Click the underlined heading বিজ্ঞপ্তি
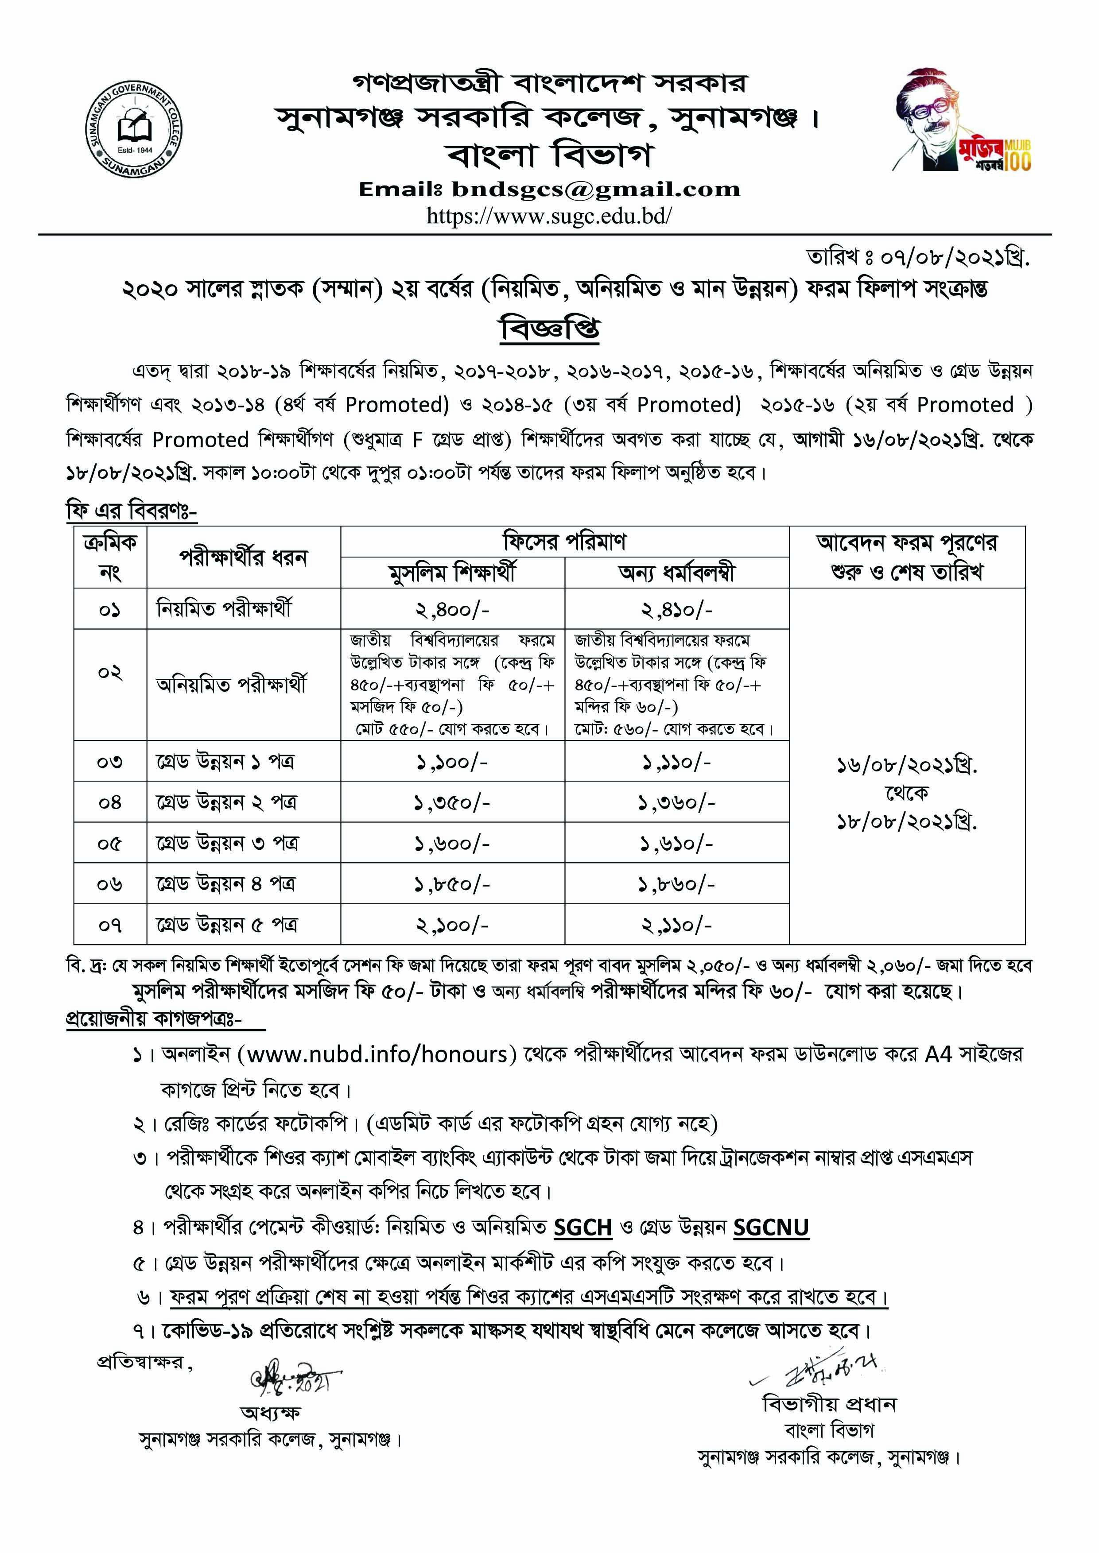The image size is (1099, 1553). pyautogui.click(x=549, y=329)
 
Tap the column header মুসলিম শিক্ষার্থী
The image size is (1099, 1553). pyautogui.click(x=452, y=573)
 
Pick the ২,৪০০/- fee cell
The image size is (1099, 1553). pyautogui.click(x=452, y=609)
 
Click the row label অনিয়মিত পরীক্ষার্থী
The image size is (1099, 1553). pyautogui.click(x=231, y=685)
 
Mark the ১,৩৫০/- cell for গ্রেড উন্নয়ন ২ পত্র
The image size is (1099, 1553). pyautogui.click(x=452, y=803)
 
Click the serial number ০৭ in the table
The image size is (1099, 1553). pyautogui.click(x=109, y=925)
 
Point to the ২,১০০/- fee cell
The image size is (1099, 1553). pyautogui.click(x=452, y=925)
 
